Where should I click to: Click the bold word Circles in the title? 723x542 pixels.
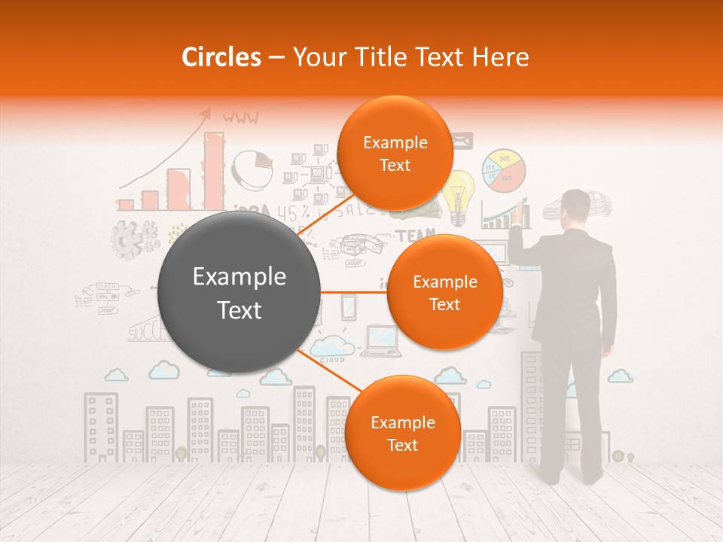tap(221, 57)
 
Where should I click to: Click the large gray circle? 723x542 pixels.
tap(239, 292)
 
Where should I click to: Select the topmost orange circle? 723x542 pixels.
tap(395, 153)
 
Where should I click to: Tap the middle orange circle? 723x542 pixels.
tap(444, 292)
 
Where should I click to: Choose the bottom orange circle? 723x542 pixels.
tap(402, 433)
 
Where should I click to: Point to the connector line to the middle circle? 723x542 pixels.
tap(353, 292)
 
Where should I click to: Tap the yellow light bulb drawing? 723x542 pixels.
tap(459, 193)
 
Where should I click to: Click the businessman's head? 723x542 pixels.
tap(577, 207)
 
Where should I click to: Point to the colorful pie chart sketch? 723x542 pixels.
tap(504, 171)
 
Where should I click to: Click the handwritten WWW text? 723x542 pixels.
tap(240, 117)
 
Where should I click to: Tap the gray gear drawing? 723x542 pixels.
tap(127, 239)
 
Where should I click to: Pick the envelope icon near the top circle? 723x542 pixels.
tap(461, 139)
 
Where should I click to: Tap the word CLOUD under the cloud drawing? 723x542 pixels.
tap(332, 361)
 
